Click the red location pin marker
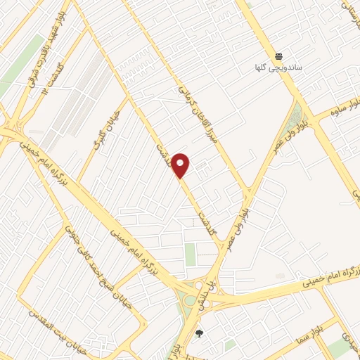point(181,165)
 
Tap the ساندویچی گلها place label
point(279,68)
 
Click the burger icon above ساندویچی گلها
point(279,56)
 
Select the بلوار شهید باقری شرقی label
point(45,42)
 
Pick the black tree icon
point(199,333)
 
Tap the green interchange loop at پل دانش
point(190,302)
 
